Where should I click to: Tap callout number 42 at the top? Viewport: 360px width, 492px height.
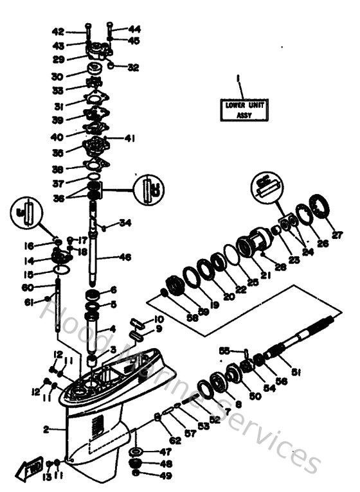click(x=75, y=31)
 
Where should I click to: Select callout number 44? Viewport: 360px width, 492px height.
click(x=134, y=30)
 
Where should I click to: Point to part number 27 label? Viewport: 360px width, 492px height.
click(x=337, y=235)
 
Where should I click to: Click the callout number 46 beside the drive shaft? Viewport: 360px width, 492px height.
click(x=125, y=257)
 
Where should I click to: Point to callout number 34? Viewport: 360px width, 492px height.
click(x=125, y=223)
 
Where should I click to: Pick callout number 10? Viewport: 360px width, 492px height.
click(x=159, y=319)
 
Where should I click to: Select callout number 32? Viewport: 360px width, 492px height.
click(x=133, y=67)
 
